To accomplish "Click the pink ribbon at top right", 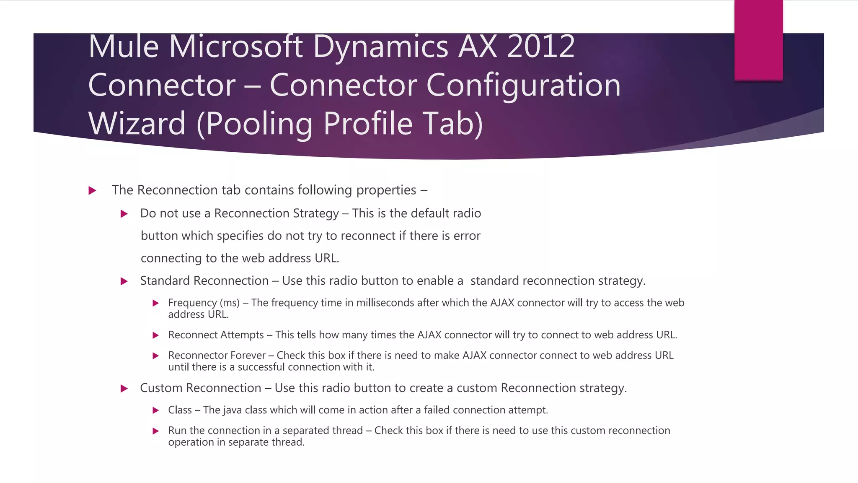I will click(758, 40).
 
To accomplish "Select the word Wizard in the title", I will click(137, 123).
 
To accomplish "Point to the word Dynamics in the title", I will click(380, 47).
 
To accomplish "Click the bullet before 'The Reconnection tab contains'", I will click(93, 191).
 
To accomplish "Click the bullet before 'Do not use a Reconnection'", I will click(124, 214).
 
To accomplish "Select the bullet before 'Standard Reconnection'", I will click(124, 281).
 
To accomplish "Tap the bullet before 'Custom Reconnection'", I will click(124, 389).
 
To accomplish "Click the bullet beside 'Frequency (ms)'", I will click(155, 303).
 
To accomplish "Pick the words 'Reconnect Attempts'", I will click(216, 335).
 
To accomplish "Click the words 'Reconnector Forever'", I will click(217, 356).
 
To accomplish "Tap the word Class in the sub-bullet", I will click(180, 410).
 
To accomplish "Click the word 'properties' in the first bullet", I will click(386, 190).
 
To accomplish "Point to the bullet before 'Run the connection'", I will click(155, 431).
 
